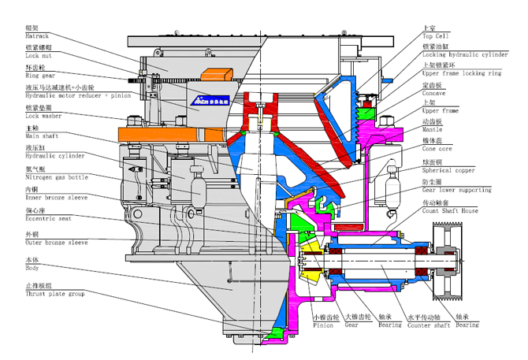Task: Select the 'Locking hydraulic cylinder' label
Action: click(465, 55)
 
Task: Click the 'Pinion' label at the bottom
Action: click(323, 324)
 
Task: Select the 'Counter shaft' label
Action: click(427, 324)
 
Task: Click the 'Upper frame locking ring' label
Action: click(462, 73)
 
